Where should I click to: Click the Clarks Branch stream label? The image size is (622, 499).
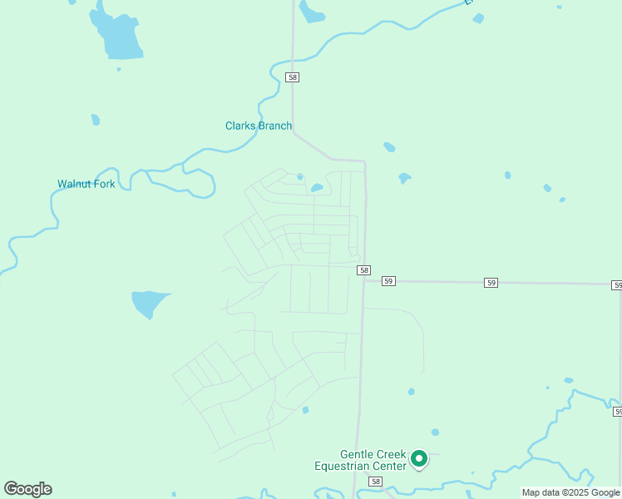(259, 126)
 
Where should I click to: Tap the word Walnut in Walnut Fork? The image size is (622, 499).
(74, 184)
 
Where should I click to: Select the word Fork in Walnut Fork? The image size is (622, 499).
(105, 184)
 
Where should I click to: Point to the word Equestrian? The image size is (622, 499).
(343, 467)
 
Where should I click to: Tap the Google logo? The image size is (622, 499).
(27, 489)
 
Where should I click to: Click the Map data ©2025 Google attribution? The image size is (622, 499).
(570, 493)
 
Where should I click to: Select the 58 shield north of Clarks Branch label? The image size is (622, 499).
(292, 77)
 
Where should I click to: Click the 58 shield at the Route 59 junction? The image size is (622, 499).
(363, 271)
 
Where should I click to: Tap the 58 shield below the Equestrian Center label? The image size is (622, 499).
(376, 482)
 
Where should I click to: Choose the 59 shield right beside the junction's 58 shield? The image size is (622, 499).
(388, 282)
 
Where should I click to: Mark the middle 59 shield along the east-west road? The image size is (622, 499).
(491, 284)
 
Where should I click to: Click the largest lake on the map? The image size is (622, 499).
(118, 35)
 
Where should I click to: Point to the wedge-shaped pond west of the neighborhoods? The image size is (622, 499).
(147, 303)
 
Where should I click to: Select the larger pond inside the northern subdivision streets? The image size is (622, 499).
(317, 188)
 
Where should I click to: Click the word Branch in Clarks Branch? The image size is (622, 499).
(274, 126)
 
